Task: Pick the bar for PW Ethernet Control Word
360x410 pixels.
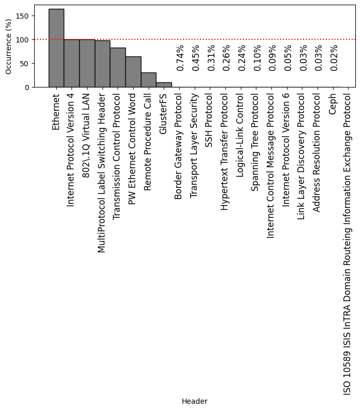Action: click(x=133, y=71)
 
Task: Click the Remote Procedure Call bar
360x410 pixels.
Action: click(x=148, y=80)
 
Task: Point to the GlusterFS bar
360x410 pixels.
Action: click(x=164, y=85)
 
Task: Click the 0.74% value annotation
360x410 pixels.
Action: click(x=180, y=58)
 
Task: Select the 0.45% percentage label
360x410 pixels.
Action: click(x=195, y=58)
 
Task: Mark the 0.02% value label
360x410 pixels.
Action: click(x=334, y=58)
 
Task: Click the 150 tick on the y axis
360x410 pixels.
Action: click(x=23, y=16)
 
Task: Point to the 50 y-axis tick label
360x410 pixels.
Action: click(x=25, y=64)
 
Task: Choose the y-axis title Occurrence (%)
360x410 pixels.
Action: click(x=8, y=46)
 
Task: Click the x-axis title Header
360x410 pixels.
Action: click(x=194, y=401)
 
